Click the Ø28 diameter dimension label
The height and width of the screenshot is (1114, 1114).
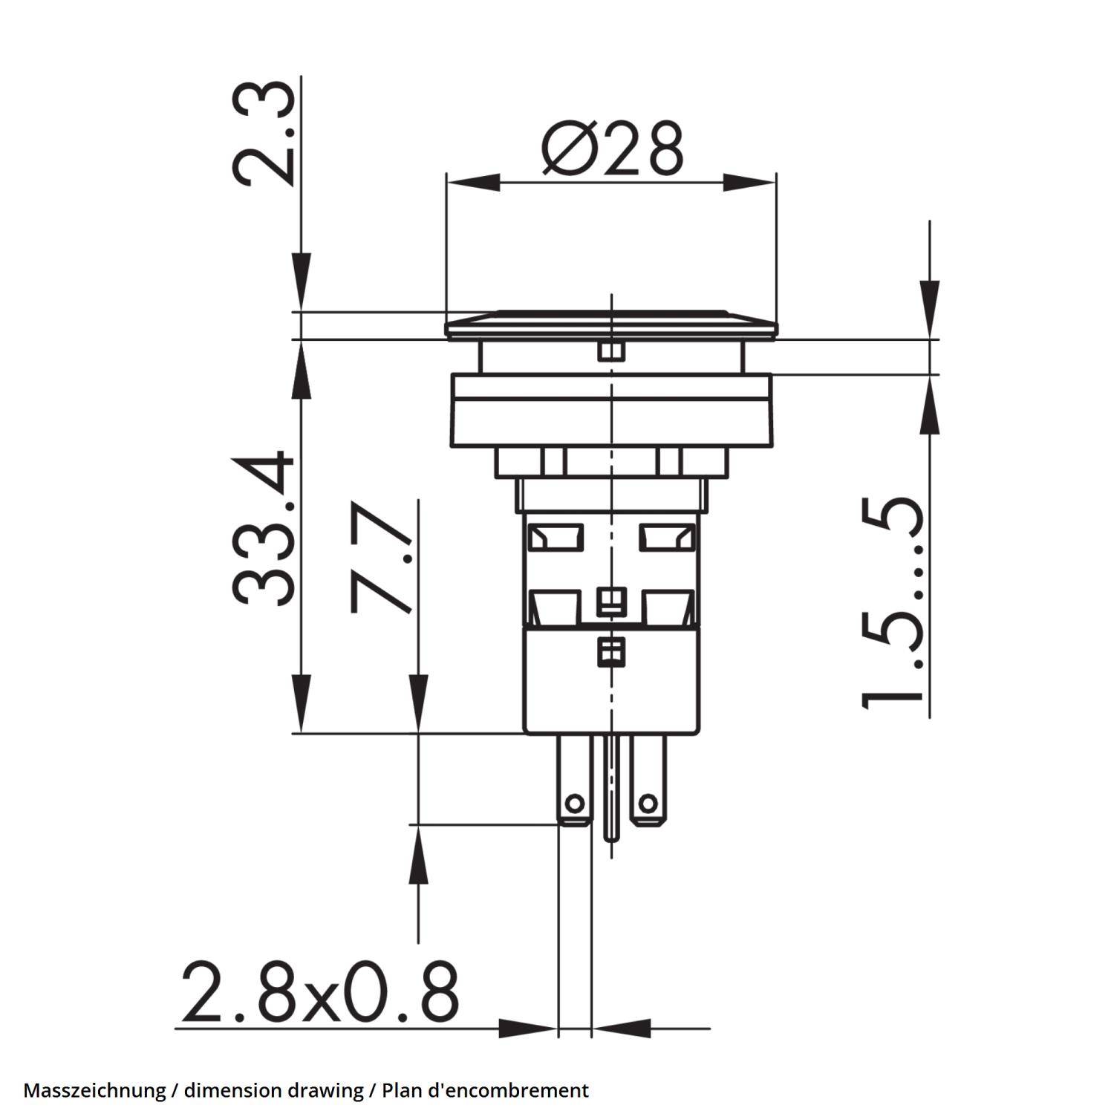pyautogui.click(x=611, y=149)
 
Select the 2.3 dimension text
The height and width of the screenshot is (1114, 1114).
pyautogui.click(x=261, y=134)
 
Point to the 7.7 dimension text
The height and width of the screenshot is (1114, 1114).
pyautogui.click(x=380, y=558)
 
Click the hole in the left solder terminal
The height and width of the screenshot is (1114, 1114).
pyautogui.click(x=573, y=803)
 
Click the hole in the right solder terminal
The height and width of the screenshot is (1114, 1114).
pyautogui.click(x=648, y=803)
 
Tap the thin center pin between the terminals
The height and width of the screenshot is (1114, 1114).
pyautogui.click(x=611, y=787)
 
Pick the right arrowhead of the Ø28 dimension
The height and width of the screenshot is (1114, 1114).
pyautogui.click(x=749, y=182)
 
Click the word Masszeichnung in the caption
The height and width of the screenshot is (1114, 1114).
pyautogui.click(x=94, y=1090)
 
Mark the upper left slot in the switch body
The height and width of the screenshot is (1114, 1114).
pyautogui.click(x=555, y=536)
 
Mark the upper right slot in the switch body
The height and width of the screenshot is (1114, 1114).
pyautogui.click(x=668, y=536)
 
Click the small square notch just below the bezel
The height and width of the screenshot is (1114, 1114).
pyautogui.click(x=610, y=351)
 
